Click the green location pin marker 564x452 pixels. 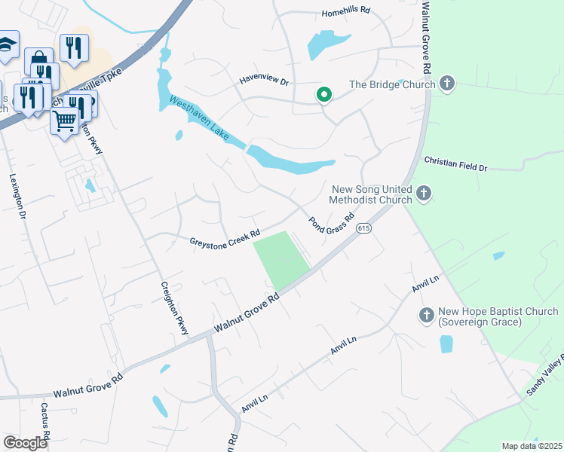coord(324,95)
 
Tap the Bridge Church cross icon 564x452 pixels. coord(447,84)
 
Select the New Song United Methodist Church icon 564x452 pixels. coord(423,194)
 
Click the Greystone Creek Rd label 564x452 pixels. coord(225,238)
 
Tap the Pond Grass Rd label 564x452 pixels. coord(331,224)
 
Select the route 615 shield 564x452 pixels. coord(364,228)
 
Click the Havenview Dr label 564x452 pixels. coord(264,80)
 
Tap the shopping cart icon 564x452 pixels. coord(64,119)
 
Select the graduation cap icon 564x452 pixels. coord(7,44)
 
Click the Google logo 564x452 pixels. coord(25,443)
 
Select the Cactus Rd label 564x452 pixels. coord(45,422)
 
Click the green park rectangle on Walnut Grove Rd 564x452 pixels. coord(280,259)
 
